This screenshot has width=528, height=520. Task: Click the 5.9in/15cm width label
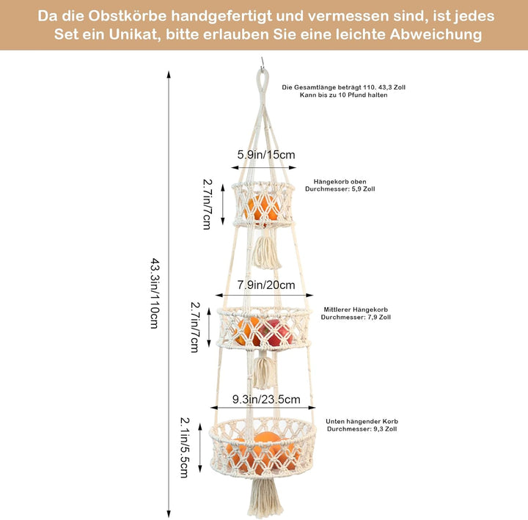(266, 155)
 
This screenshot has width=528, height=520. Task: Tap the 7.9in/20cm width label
(266, 285)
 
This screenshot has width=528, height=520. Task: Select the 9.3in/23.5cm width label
(266, 400)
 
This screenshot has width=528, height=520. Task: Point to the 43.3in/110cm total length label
(154, 293)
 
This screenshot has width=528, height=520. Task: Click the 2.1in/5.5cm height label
(185, 447)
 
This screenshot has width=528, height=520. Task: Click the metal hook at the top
(262, 63)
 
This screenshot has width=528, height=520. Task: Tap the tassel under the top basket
(266, 252)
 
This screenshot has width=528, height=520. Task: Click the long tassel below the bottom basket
(265, 499)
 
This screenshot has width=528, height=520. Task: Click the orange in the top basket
(263, 208)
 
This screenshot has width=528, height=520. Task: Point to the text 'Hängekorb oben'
(340, 182)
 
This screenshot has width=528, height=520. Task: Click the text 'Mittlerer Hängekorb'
(356, 310)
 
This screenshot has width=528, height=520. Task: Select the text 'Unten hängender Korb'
(362, 421)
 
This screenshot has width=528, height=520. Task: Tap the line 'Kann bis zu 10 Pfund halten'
(343, 95)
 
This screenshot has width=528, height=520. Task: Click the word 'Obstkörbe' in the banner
(128, 16)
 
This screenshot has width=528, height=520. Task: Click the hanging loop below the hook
(262, 84)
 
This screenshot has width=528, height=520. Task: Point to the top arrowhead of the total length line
(169, 75)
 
